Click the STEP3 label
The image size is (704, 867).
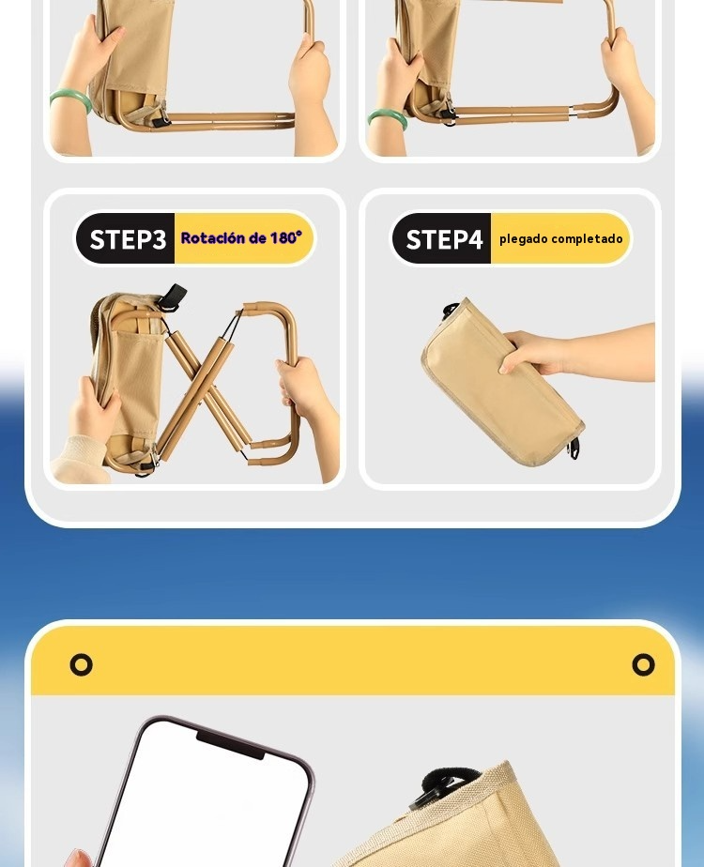tap(128, 239)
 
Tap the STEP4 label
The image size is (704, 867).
tap(444, 239)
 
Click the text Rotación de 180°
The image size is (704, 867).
tap(241, 237)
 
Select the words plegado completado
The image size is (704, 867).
tap(560, 239)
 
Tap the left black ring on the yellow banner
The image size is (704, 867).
tap(82, 664)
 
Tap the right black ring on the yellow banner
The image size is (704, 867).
tap(643, 664)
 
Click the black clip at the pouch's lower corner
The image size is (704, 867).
tap(575, 449)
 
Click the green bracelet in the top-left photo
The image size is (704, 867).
tap(70, 99)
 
